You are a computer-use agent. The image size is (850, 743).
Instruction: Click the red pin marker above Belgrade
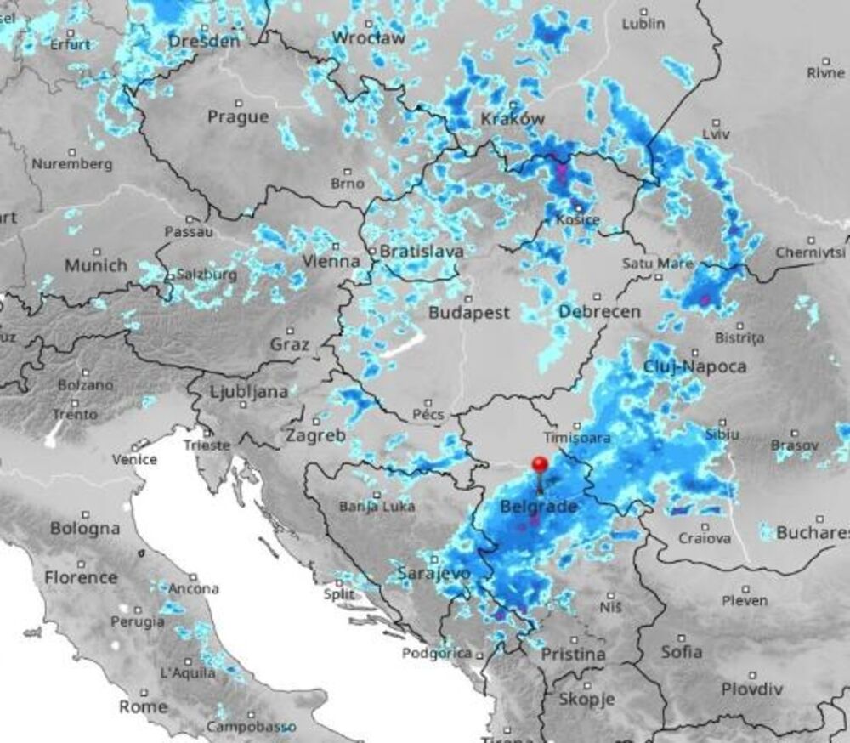click(x=540, y=466)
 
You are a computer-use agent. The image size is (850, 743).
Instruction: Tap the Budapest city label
click(x=469, y=313)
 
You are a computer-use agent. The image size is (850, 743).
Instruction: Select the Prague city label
click(x=238, y=117)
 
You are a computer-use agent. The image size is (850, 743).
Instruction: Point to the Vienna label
click(x=331, y=261)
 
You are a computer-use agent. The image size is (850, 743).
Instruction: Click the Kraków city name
click(x=513, y=119)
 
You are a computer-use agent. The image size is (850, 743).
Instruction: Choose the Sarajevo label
click(x=433, y=575)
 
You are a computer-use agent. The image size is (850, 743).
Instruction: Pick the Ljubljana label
click(x=249, y=392)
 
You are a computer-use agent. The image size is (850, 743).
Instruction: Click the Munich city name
click(x=96, y=265)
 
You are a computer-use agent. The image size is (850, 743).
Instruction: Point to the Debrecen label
click(x=600, y=312)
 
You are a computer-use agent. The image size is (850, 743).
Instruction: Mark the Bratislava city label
click(x=422, y=252)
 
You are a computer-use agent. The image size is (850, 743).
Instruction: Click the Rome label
click(x=143, y=706)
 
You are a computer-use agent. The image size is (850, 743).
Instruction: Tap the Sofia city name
click(x=682, y=652)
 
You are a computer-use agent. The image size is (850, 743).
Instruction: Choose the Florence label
click(x=81, y=578)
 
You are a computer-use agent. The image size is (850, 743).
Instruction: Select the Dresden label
click(x=204, y=40)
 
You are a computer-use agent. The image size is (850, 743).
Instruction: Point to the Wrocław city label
click(x=366, y=37)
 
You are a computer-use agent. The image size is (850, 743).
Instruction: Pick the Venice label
click(x=135, y=459)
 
